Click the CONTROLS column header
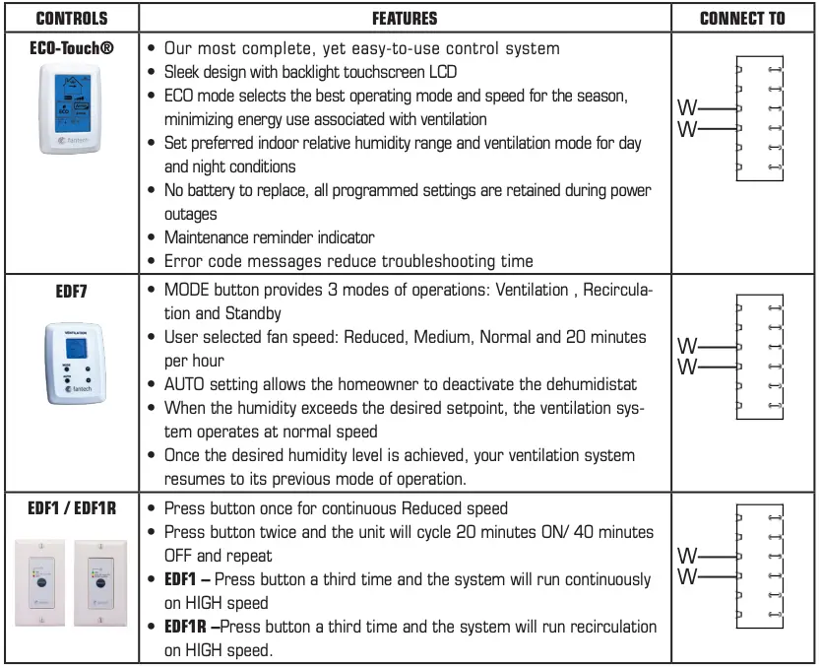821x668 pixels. [x=71, y=19]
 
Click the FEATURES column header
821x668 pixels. [x=405, y=19]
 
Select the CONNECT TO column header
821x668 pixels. [x=743, y=19]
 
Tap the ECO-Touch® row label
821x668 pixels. [x=71, y=47]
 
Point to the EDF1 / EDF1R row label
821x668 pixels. [x=71, y=508]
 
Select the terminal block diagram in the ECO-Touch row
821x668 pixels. [x=758, y=118]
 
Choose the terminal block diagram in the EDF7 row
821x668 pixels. [x=758, y=357]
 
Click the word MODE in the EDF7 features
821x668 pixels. [x=187, y=291]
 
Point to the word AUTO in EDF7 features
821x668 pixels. [x=186, y=384]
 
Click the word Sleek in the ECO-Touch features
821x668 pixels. [x=185, y=72]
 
